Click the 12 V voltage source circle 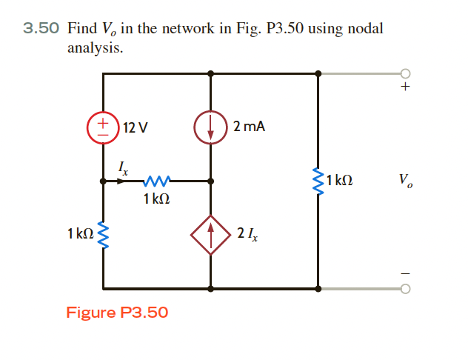tap(103, 127)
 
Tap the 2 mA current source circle tap(210, 127)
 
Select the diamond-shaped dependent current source tap(210, 235)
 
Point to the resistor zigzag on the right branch tap(318, 180)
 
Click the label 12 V tap(135, 127)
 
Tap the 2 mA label tap(249, 127)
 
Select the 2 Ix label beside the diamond tap(248, 235)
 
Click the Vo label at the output tap(405, 180)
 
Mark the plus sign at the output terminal tap(404, 87)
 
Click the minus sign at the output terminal tap(404, 273)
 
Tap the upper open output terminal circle tap(404, 73)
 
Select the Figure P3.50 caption tap(117, 312)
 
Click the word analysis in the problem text tap(95, 48)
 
